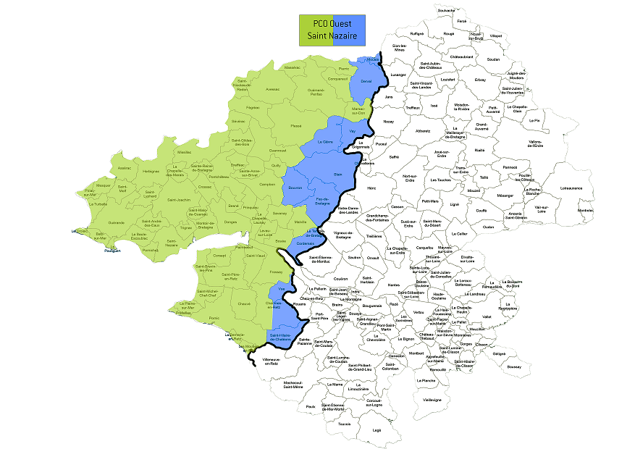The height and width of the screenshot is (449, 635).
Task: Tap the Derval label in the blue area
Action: [x=366, y=82]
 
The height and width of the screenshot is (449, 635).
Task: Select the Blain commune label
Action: [x=337, y=174]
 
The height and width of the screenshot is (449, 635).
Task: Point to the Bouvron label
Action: [x=295, y=188]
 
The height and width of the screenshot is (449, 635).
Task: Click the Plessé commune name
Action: [x=295, y=126]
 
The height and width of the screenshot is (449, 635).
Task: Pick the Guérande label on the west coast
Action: [x=116, y=222]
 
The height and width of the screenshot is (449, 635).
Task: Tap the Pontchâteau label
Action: [x=218, y=176]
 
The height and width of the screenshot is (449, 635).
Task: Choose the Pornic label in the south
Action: [x=212, y=317]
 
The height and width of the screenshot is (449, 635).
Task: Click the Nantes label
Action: [x=393, y=285]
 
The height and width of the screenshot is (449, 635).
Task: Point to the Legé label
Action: [x=377, y=429]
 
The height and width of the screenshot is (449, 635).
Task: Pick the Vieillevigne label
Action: [x=432, y=399]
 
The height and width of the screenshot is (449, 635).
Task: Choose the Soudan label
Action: [x=494, y=59]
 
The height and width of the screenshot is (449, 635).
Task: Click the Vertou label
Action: [x=419, y=312]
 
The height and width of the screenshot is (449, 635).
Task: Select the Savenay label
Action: [x=279, y=214]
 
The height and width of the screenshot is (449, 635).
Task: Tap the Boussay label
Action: [x=514, y=366]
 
